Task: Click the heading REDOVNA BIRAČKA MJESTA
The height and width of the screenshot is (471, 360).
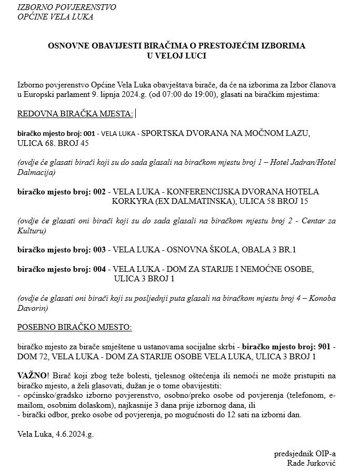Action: coord(75,114)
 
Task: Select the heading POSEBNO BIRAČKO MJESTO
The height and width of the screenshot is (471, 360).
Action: coord(75,327)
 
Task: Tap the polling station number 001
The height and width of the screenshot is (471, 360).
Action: coord(89,134)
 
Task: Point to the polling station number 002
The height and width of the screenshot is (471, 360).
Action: coord(99,192)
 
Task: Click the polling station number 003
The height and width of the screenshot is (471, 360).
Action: coord(99,249)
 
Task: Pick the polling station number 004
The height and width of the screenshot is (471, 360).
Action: coord(99,269)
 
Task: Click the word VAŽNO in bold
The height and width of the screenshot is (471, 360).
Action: coord(31,376)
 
